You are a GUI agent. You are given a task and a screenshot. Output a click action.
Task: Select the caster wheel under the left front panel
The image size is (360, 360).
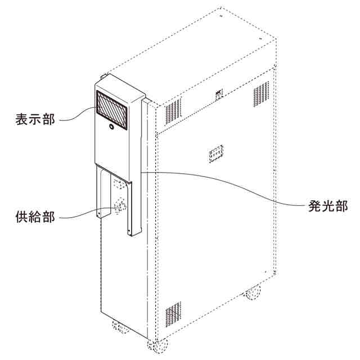click(119, 326)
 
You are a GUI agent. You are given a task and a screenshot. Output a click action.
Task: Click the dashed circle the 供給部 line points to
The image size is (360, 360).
click(120, 206)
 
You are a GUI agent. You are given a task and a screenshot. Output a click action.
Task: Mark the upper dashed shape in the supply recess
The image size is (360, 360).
click(119, 183)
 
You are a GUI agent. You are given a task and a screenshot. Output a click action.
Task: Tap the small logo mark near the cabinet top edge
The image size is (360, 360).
click(219, 93)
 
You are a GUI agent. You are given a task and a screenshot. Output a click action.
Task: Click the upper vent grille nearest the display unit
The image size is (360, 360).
click(173, 112)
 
